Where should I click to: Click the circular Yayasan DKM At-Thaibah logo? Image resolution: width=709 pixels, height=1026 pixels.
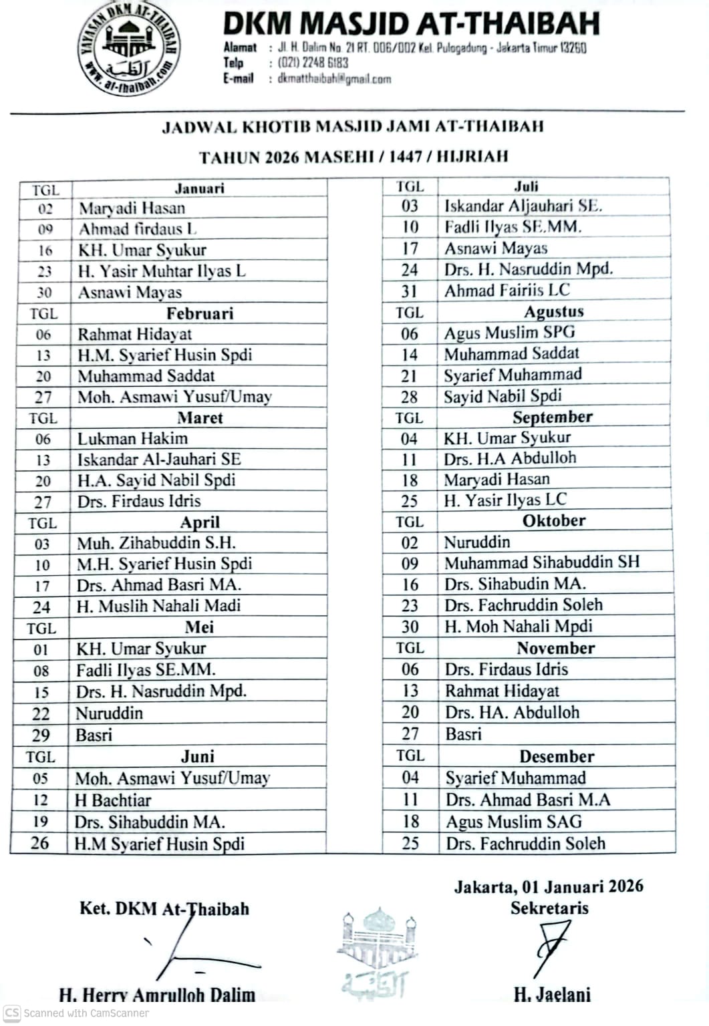coord(130,51)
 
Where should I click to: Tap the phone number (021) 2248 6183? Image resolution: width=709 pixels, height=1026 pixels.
coord(313,63)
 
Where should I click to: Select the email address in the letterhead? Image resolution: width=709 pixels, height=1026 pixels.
coord(334,79)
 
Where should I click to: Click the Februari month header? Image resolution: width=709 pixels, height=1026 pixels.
coord(200,313)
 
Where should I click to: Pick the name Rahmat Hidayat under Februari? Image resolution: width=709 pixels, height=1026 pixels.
coord(134,334)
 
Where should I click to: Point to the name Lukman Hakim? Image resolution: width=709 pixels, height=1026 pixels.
coord(132,438)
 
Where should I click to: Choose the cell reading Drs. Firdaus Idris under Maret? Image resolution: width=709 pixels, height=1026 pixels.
coord(139,501)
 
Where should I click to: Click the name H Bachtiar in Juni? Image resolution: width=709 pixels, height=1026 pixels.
coord(113,800)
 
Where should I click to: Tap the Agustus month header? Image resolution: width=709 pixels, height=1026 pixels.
coord(553,311)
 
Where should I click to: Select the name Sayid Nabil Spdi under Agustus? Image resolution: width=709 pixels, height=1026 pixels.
coord(503,396)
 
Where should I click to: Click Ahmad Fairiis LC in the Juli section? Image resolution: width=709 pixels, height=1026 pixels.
coord(507,290)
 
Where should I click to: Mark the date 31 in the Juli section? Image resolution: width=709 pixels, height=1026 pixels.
coord(410,291)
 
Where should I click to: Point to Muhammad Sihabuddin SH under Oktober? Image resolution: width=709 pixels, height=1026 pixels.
coord(542,562)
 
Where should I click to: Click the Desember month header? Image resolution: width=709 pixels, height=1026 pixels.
coord(557,756)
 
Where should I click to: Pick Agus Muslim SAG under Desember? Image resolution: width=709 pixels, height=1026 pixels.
coord(514,821)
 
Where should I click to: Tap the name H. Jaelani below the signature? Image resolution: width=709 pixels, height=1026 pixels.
coord(552,995)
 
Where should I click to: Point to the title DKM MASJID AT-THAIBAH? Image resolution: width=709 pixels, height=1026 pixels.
coord(410,24)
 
